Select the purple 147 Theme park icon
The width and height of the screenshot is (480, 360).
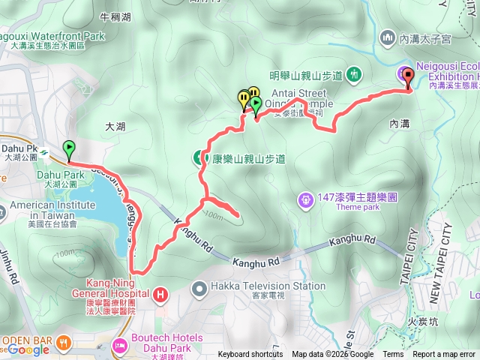[x=305, y=199]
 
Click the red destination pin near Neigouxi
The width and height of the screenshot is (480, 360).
[x=408, y=75]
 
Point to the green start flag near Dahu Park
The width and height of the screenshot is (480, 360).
[x=70, y=148]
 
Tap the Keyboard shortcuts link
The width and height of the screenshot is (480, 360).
[x=250, y=355]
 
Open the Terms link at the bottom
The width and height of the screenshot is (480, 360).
[x=393, y=355]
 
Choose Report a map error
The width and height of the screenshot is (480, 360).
[x=443, y=355]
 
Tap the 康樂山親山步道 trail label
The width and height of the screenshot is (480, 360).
[x=248, y=159]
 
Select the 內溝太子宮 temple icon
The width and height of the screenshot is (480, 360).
[x=388, y=36]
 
